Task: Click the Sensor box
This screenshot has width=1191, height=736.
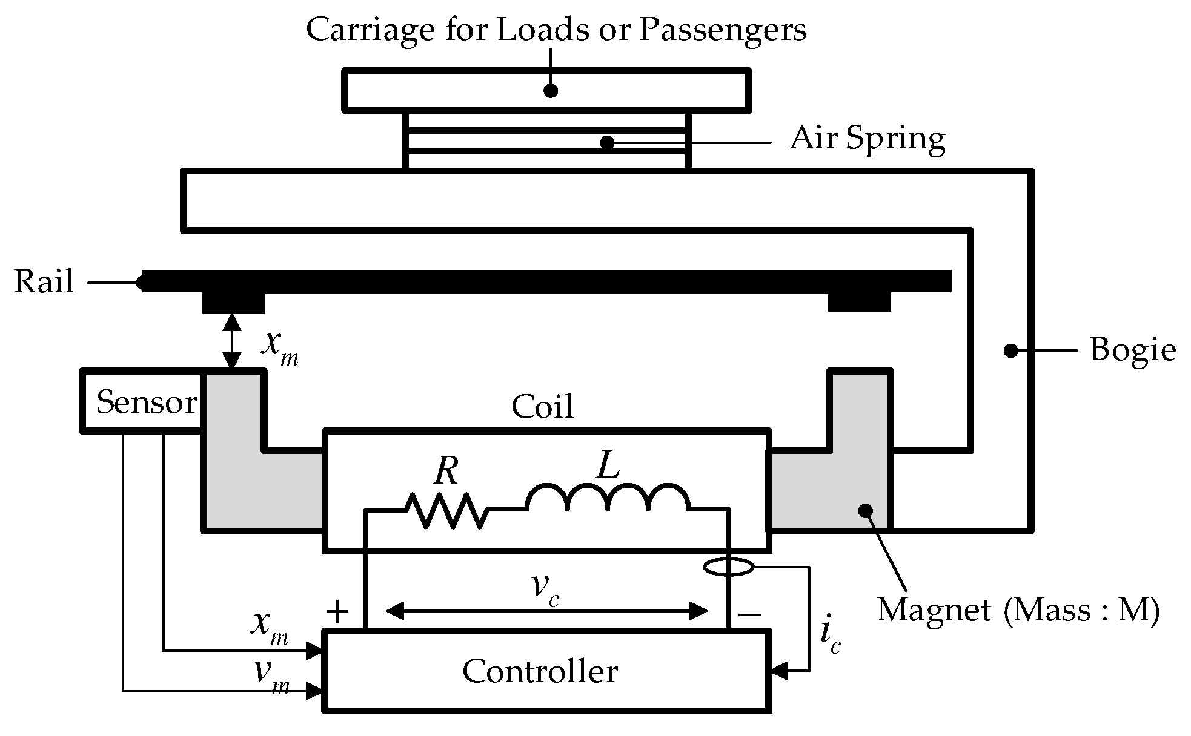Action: click(x=143, y=401)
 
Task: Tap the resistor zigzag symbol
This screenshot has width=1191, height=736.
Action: click(x=446, y=511)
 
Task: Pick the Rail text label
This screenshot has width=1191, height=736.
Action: click(x=44, y=282)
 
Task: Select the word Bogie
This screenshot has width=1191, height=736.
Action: click(x=1132, y=350)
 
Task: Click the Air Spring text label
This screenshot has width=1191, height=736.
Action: click(x=867, y=139)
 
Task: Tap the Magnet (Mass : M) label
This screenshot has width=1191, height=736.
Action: click(x=1018, y=609)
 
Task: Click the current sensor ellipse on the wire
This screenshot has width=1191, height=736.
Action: click(x=729, y=567)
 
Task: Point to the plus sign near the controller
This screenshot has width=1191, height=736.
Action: click(x=337, y=613)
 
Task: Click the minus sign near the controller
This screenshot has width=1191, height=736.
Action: click(x=749, y=615)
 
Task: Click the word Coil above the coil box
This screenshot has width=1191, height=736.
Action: click(x=542, y=407)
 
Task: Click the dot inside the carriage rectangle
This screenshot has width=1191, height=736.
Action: click(x=550, y=91)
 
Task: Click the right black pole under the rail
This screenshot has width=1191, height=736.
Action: click(x=859, y=301)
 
